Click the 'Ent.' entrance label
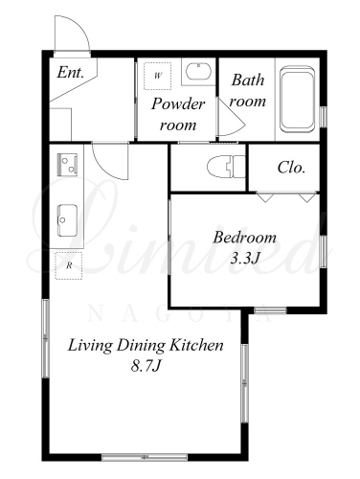pyautogui.click(x=71, y=73)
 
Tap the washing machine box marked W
pyautogui.click(x=157, y=76)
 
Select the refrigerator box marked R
pyautogui.click(x=68, y=265)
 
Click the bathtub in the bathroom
pyautogui.click(x=297, y=99)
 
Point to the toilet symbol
pyautogui.click(x=226, y=167)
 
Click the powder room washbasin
pyautogui.click(x=198, y=72)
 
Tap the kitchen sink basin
pyautogui.click(x=67, y=220)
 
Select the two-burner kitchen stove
pyautogui.click(x=67, y=165)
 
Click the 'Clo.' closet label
pyautogui.click(x=291, y=168)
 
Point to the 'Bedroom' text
pyautogui.click(x=244, y=238)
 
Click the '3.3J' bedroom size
pyautogui.click(x=244, y=259)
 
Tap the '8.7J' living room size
pyautogui.click(x=146, y=366)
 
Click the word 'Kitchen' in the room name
pyautogui.click(x=196, y=345)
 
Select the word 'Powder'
pyautogui.click(x=178, y=104)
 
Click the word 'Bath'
pyautogui.click(x=248, y=80)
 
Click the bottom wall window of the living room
pyautogui.click(x=145, y=457)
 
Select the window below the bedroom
pyautogui.click(x=270, y=310)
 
